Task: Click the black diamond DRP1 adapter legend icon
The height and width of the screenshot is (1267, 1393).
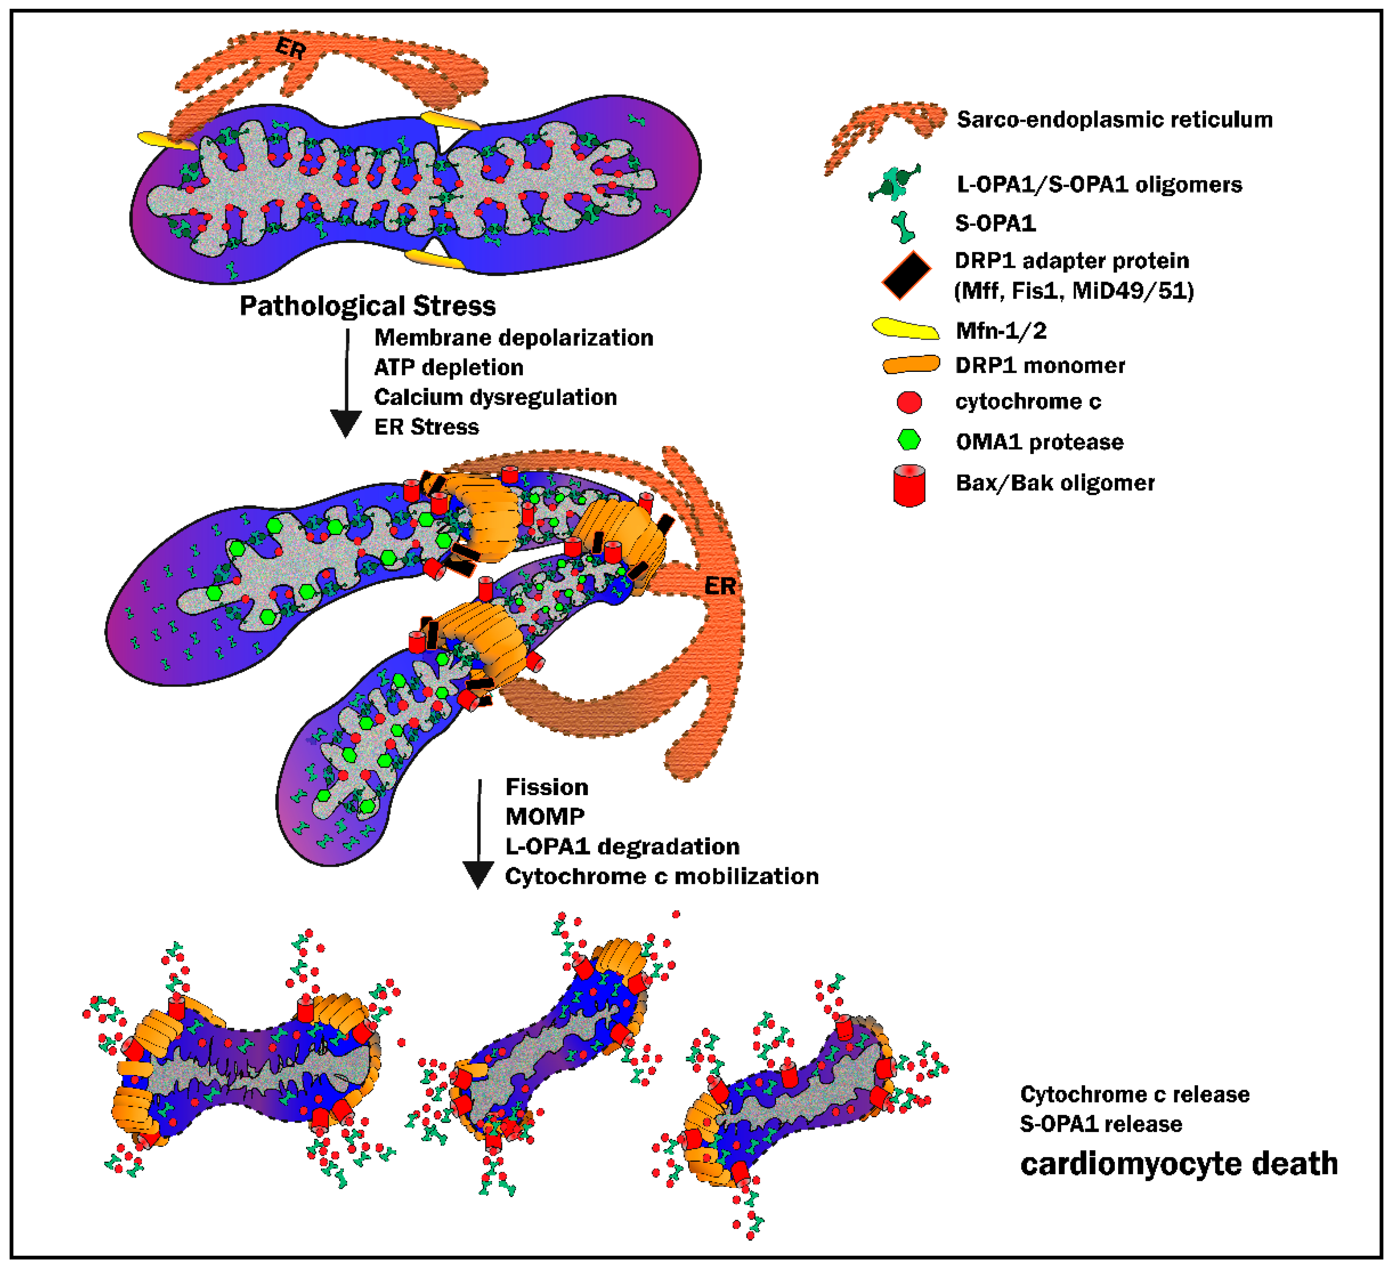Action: point(906,275)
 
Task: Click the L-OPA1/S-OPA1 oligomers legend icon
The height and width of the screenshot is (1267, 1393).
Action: point(896,184)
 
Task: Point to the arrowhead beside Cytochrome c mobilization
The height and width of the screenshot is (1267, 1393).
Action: point(477,874)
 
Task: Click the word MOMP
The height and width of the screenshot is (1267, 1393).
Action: point(545,816)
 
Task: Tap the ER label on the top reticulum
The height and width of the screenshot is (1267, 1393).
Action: point(290,49)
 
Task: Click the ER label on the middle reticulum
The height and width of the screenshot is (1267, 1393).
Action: point(720,586)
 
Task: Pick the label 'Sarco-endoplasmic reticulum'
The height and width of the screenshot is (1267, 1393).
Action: point(1114,120)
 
